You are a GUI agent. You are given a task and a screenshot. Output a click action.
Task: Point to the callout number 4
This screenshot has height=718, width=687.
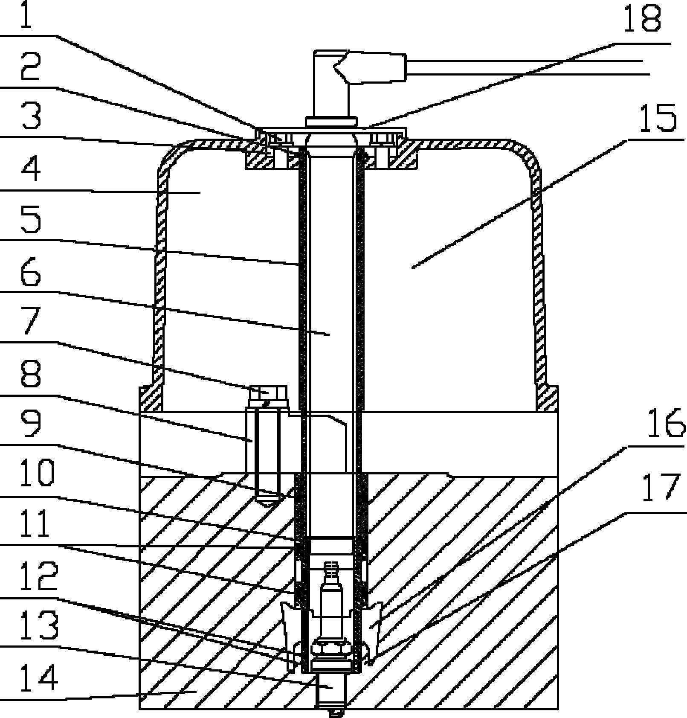click(x=31, y=169)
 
